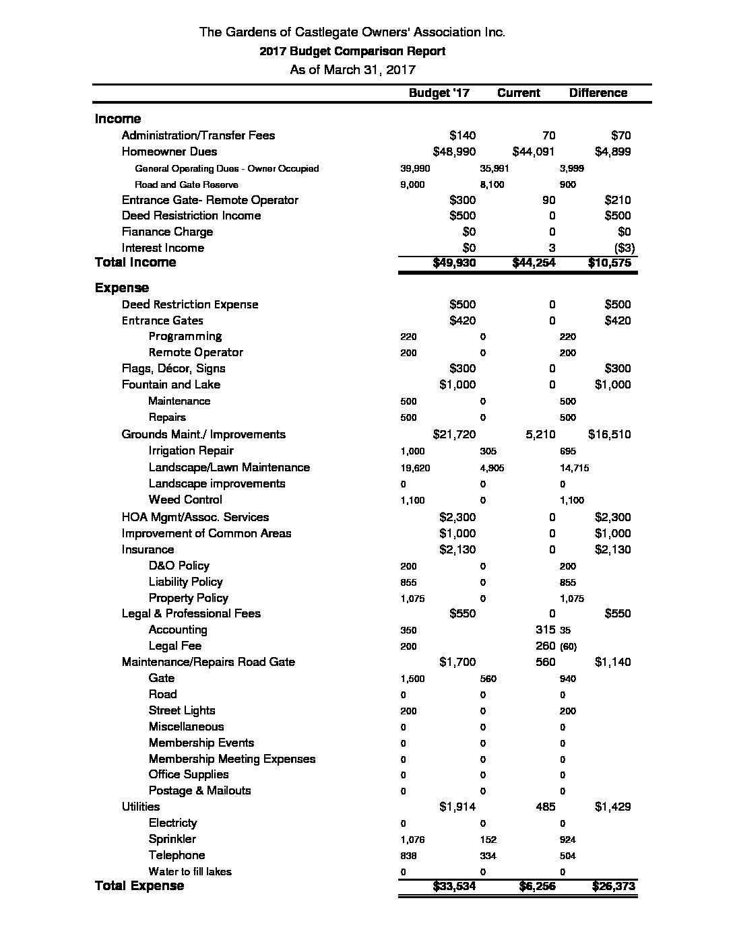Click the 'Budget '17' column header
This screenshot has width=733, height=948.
(x=439, y=93)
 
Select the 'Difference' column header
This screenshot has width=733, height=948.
(x=598, y=93)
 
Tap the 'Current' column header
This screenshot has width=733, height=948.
(x=518, y=93)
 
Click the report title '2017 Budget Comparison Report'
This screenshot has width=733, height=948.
(x=352, y=51)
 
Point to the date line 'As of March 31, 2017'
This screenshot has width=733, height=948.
(x=352, y=69)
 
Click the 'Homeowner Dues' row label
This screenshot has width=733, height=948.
(x=169, y=151)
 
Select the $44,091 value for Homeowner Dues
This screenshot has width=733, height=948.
(x=533, y=151)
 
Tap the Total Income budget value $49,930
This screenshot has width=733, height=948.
(x=454, y=263)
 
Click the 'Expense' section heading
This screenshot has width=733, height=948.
(x=121, y=287)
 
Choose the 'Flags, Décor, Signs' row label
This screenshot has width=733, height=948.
(x=173, y=368)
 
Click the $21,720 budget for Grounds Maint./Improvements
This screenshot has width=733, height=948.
(x=454, y=434)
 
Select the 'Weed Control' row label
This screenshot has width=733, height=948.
(x=185, y=500)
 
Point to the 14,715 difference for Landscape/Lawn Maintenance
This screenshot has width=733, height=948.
(x=574, y=468)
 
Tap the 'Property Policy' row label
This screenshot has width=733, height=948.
(x=188, y=598)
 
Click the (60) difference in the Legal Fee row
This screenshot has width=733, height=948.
(x=569, y=646)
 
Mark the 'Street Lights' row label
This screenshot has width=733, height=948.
(x=182, y=710)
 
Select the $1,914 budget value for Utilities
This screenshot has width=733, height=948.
(x=457, y=807)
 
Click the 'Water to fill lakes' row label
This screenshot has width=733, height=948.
(x=189, y=871)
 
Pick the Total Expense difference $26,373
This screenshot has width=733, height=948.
(x=612, y=886)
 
